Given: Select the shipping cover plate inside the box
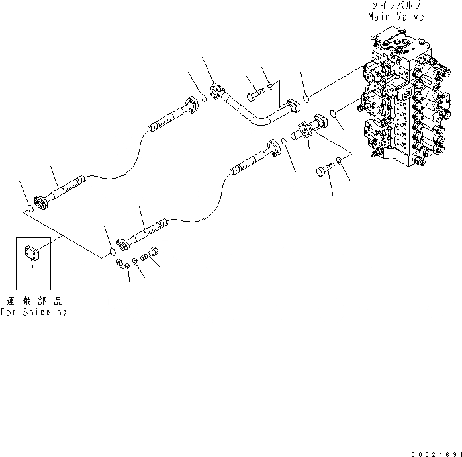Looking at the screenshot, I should click(x=32, y=252).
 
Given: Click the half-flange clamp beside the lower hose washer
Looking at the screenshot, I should click(x=122, y=265).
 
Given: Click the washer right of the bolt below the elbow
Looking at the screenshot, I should click(x=339, y=161).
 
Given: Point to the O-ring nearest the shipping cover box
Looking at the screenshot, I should click(x=30, y=210).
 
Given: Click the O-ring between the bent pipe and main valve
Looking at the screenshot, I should click(x=306, y=99).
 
